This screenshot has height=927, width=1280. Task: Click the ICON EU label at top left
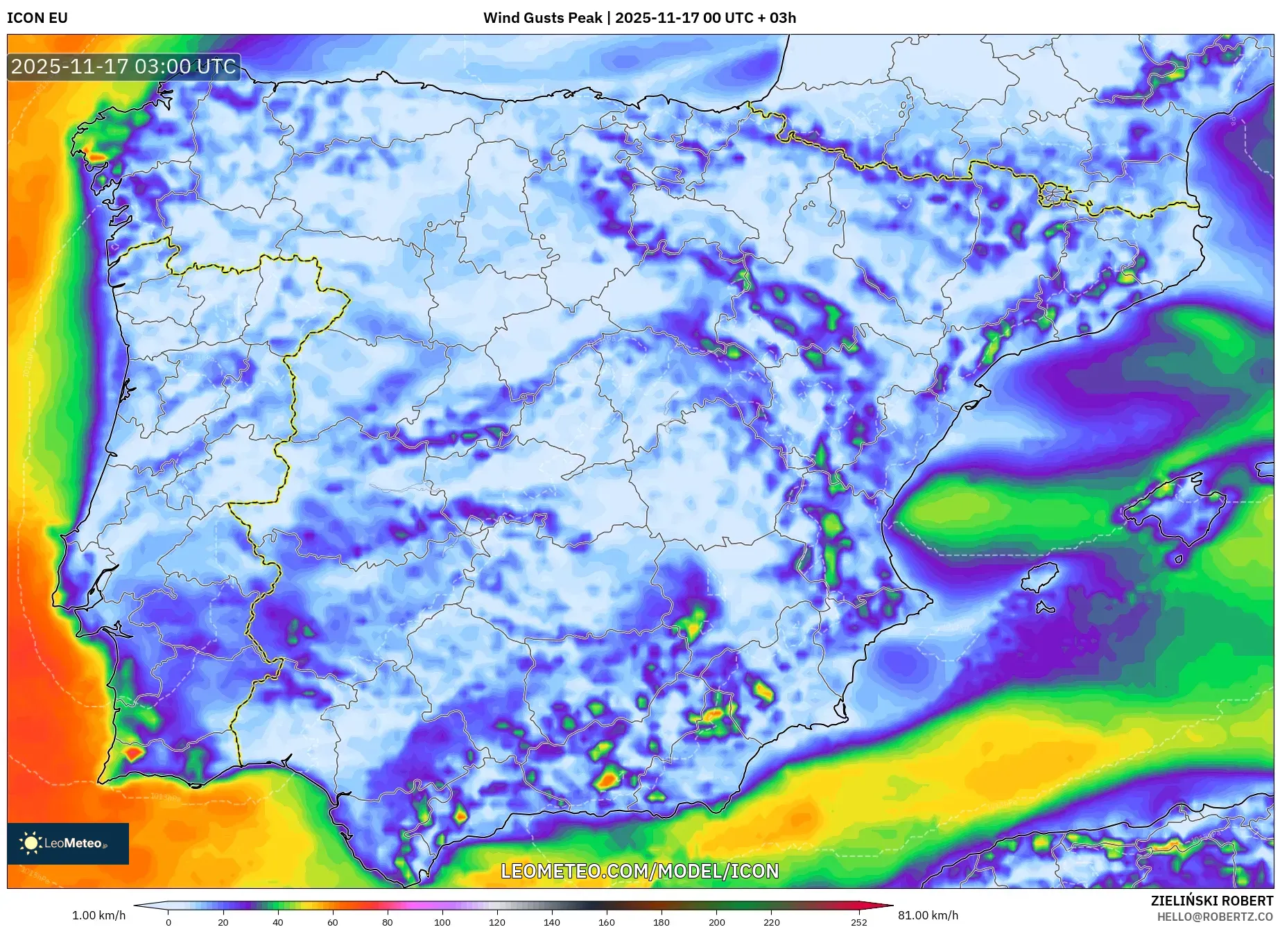[37, 18]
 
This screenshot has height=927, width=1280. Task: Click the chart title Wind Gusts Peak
[542, 18]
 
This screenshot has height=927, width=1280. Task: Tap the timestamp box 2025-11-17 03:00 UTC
[123, 67]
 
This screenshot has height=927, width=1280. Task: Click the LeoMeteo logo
[68, 843]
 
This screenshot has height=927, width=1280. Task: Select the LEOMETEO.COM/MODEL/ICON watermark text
[639, 871]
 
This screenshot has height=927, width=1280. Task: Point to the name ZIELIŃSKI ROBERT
[1211, 901]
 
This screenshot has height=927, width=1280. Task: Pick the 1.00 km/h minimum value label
[98, 915]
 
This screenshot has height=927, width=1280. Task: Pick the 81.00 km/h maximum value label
[928, 915]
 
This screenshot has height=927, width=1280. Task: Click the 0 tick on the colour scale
[168, 922]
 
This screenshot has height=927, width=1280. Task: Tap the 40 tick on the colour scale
[278, 922]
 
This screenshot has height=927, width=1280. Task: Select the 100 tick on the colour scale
[442, 922]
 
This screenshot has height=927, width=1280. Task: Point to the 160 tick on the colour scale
[607, 922]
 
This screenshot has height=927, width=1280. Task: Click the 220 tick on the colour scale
[771, 922]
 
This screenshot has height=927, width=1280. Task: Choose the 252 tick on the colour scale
[858, 922]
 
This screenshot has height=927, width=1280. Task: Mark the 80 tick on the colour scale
[388, 922]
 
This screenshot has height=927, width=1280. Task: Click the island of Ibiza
[1041, 576]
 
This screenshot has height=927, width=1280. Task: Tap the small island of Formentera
[1045, 608]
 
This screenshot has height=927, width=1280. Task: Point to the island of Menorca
[1265, 469]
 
